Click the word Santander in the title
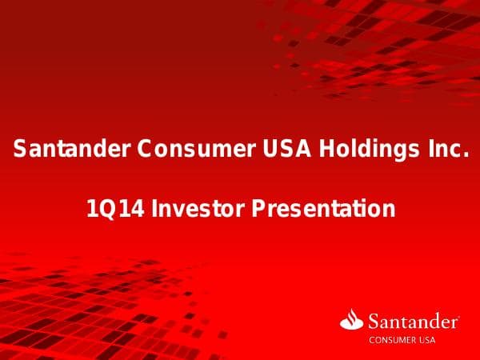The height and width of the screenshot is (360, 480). [72, 149]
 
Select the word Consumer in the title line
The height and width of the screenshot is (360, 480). [182, 149]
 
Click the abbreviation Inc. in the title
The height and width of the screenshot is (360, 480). [442, 149]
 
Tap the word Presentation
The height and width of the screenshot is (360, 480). [323, 210]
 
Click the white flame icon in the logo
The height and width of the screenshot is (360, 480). [352, 321]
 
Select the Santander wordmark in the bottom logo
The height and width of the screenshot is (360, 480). [413, 322]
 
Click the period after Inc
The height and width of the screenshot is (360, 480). [463, 155]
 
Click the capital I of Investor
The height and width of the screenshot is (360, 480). [155, 210]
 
